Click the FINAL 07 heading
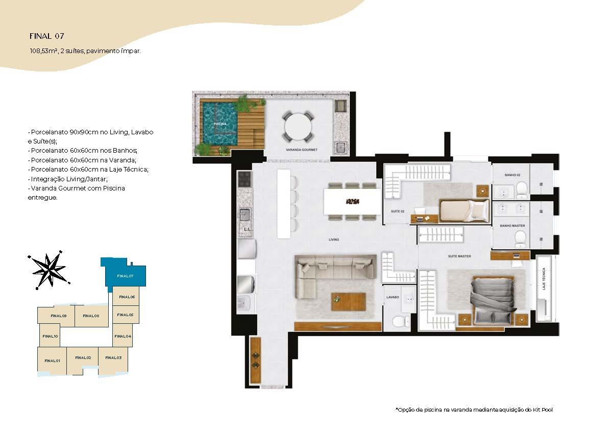[x=47, y=36]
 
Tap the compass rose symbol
[x=49, y=270]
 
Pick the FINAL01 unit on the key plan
[x=52, y=361]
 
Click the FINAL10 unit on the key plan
[x=50, y=336]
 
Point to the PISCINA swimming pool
[x=220, y=123]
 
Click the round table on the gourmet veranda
[x=298, y=127]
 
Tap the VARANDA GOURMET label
[x=301, y=150]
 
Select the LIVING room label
[x=334, y=240]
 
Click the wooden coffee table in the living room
[x=348, y=302]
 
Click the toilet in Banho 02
[x=522, y=189]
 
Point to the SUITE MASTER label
[x=459, y=256]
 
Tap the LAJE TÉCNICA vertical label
[x=544, y=279]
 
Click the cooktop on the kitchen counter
[x=245, y=179]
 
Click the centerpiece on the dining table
[x=352, y=201]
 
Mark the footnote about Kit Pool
[x=474, y=410]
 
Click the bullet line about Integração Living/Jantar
[x=68, y=179]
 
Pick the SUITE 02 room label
[x=398, y=211]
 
